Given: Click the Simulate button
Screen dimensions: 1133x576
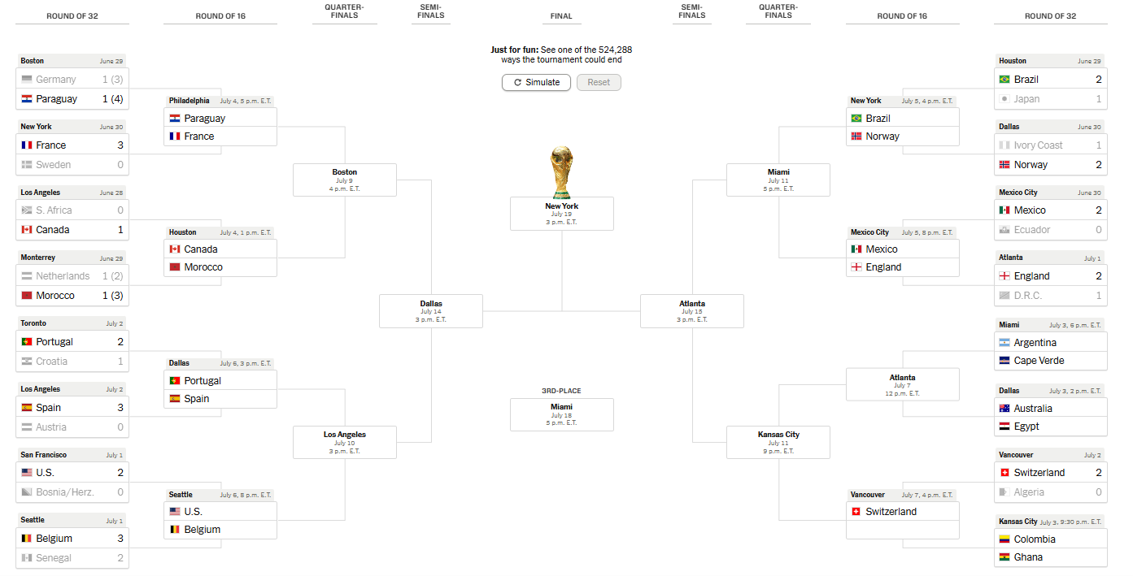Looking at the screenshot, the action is pyautogui.click(x=536, y=82).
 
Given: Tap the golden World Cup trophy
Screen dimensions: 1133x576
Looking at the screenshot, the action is pyautogui.click(x=561, y=172).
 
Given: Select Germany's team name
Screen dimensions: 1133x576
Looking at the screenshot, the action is pyautogui.click(x=55, y=80).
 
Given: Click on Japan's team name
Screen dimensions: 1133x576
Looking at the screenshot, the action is pyautogui.click(x=1026, y=99).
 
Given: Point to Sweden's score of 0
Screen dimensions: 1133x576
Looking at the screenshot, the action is pyautogui.click(x=120, y=165).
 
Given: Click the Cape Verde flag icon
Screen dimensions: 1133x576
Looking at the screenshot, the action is pyautogui.click(x=1004, y=361).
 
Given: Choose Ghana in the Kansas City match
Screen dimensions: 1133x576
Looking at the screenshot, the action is pyautogui.click(x=1028, y=557).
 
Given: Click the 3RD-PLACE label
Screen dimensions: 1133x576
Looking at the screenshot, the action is pyautogui.click(x=561, y=391).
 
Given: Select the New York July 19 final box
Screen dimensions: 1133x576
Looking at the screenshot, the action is pyautogui.click(x=562, y=214).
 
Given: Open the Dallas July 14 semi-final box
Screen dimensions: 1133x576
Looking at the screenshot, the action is pyautogui.click(x=431, y=311).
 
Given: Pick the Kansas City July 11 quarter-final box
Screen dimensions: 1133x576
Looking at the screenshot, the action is pyautogui.click(x=778, y=442).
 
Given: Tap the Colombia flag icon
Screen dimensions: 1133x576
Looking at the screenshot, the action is pyautogui.click(x=1004, y=539).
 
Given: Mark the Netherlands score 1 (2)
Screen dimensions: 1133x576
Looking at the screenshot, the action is pyautogui.click(x=113, y=276).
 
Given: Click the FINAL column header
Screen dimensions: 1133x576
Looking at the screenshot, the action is pyautogui.click(x=561, y=16).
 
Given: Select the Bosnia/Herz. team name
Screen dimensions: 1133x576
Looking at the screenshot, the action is pyautogui.click(x=65, y=492).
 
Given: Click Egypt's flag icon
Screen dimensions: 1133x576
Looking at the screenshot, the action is pyautogui.click(x=1004, y=427).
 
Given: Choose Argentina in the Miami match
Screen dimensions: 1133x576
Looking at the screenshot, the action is pyautogui.click(x=1035, y=343).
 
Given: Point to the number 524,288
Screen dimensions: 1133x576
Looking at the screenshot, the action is pyautogui.click(x=615, y=50).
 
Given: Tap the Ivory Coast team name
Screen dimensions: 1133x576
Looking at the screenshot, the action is pyautogui.click(x=1038, y=145).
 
